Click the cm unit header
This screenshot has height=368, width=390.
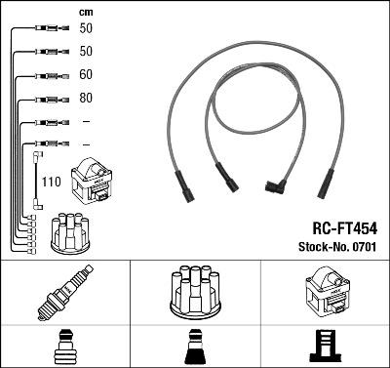tap(84, 12)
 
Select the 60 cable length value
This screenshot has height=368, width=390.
tap(85, 73)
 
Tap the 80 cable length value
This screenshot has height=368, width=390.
tap(85, 98)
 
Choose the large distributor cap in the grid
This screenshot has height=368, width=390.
tap(195, 292)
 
